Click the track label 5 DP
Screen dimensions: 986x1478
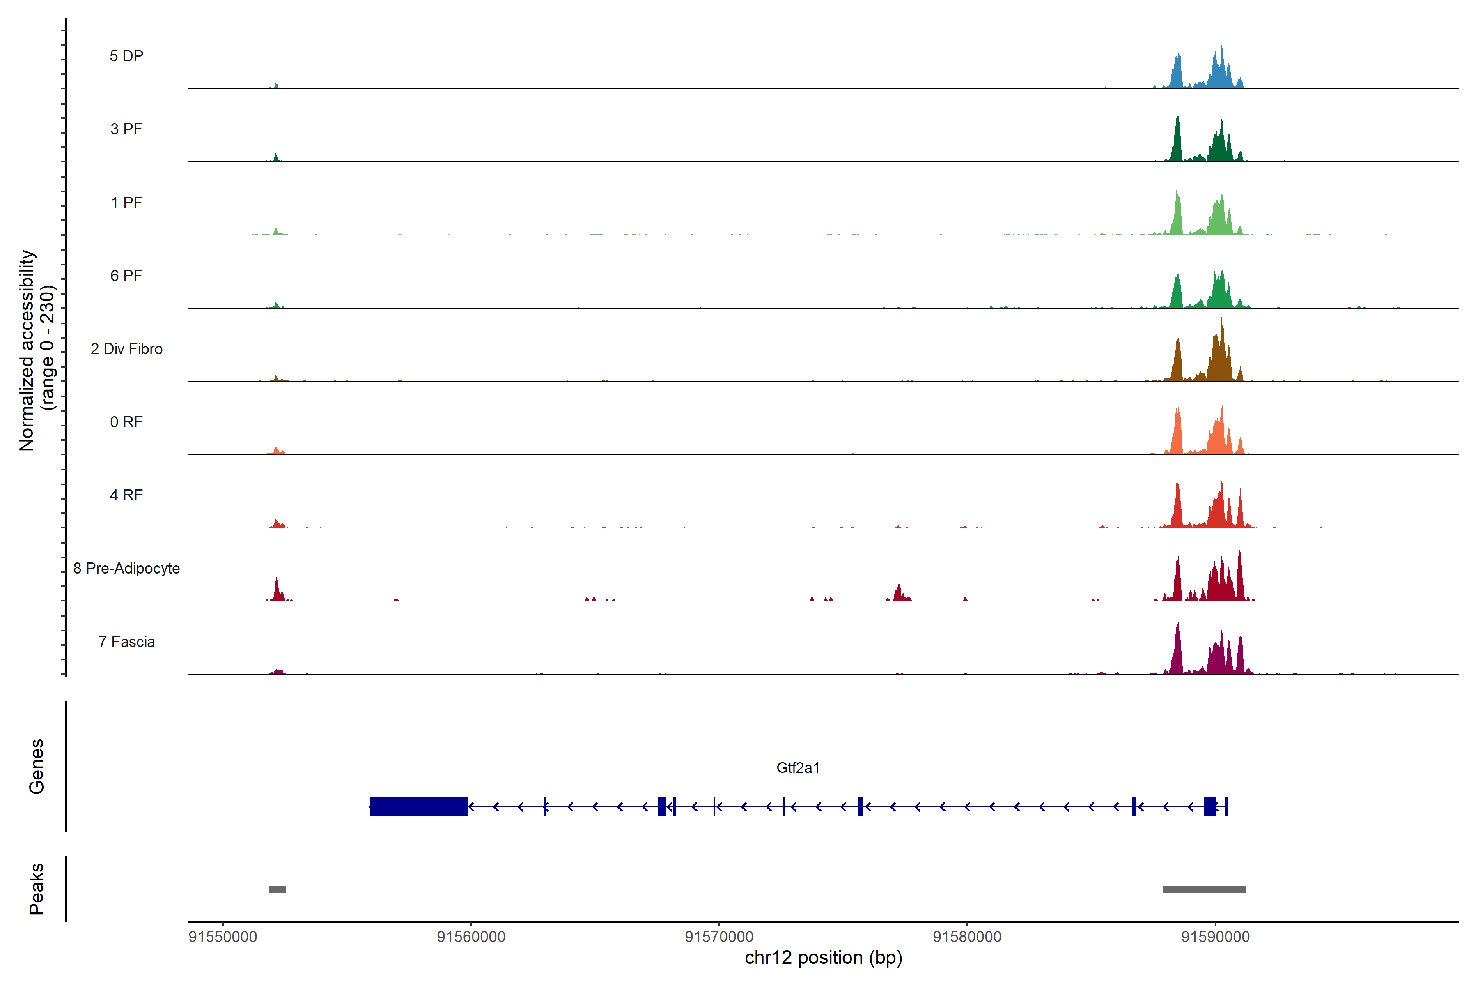click(126, 56)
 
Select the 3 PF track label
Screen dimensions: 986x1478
click(126, 129)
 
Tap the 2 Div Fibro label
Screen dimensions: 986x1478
click(126, 349)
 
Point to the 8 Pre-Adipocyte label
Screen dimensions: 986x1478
click(126, 569)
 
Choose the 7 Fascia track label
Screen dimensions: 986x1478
click(126, 642)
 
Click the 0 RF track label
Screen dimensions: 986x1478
click(126, 422)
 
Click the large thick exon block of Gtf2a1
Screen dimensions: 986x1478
click(418, 806)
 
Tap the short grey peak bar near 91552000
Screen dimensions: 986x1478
click(277, 889)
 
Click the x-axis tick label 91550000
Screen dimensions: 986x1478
click(223, 937)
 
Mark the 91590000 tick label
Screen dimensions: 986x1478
click(1215, 937)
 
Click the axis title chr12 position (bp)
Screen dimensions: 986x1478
click(823, 958)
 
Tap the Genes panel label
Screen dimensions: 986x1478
click(37, 767)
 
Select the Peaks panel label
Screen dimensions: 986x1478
click(37, 889)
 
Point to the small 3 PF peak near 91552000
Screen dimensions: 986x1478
click(276, 157)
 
